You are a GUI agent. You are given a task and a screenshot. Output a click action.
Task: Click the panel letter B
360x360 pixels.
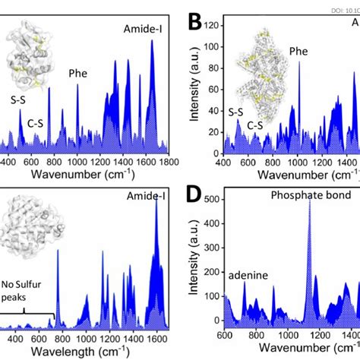pyautogui.click(x=196, y=23)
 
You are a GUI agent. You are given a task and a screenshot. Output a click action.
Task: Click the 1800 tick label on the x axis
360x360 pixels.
pyautogui.click(x=169, y=161)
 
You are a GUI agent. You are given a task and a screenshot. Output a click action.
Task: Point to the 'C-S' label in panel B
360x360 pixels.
pyautogui.click(x=256, y=124)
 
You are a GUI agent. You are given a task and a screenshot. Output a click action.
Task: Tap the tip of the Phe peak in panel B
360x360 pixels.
pyautogui.click(x=298, y=62)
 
